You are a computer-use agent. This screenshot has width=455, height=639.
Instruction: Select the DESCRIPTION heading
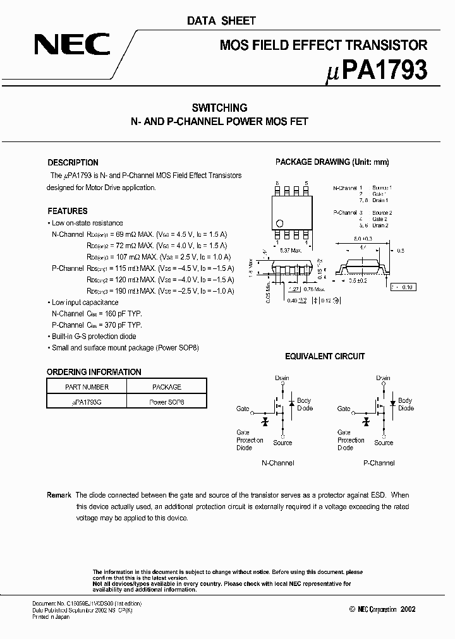pyautogui.click(x=73, y=162)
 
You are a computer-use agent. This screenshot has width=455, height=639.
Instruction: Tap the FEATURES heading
pyautogui.click(x=67, y=211)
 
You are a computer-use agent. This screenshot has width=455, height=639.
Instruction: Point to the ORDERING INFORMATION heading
pyautogui.click(x=94, y=372)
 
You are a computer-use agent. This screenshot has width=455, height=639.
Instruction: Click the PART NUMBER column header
pyautogui.click(x=87, y=387)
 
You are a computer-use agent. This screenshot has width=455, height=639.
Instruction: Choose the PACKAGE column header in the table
pyautogui.click(x=167, y=387)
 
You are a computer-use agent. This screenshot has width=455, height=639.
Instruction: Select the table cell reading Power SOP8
pyautogui.click(x=167, y=402)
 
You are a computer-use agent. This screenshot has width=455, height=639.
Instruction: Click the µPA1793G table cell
pyautogui.click(x=87, y=402)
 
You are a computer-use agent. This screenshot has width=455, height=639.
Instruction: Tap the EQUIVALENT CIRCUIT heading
pyautogui.click(x=324, y=356)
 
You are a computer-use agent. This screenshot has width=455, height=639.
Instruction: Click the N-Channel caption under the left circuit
pyautogui.click(x=277, y=463)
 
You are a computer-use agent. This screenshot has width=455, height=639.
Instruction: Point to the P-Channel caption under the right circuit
pyautogui.click(x=379, y=463)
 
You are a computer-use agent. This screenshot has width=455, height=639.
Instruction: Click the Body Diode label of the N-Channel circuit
pyautogui.click(x=305, y=404)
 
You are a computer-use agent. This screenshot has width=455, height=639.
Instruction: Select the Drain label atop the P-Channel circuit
pyautogui.click(x=383, y=378)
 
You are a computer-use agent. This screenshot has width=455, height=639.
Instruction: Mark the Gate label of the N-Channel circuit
pyautogui.click(x=243, y=409)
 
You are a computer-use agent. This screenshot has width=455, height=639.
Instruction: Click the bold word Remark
pyautogui.click(x=59, y=496)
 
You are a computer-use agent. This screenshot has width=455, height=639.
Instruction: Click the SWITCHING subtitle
pyautogui.click(x=219, y=108)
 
